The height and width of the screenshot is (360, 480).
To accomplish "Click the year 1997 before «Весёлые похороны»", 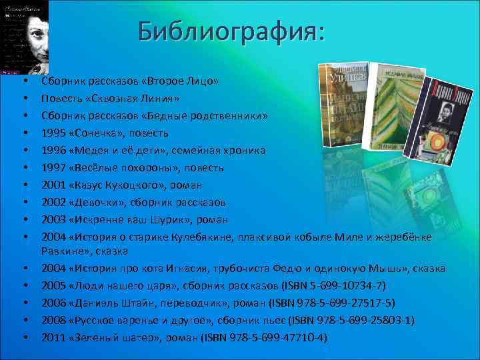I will click(53, 168).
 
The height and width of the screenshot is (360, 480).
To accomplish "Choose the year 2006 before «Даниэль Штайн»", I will click(53, 303).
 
